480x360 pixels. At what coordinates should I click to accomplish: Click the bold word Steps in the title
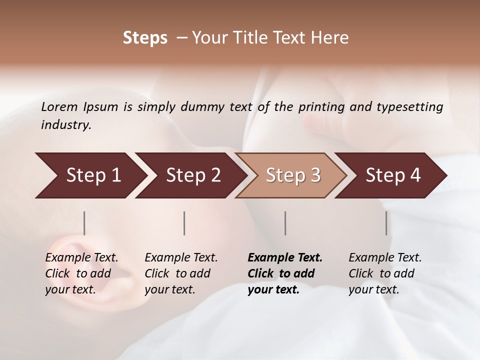[x=145, y=38]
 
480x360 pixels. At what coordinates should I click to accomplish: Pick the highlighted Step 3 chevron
[x=291, y=175]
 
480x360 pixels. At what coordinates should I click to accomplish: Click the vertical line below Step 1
[x=84, y=223]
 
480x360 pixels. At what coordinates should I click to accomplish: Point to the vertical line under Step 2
[x=184, y=223]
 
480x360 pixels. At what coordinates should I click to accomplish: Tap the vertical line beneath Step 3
[x=285, y=223]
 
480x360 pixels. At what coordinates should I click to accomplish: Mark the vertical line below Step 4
[x=386, y=223]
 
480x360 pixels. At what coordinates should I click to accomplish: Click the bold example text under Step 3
[x=284, y=273]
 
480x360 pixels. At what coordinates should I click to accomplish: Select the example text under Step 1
[x=81, y=273]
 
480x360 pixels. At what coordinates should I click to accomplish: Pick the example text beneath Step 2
[x=181, y=273]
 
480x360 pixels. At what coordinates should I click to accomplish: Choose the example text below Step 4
[x=385, y=273]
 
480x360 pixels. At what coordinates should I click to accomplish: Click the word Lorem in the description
[x=59, y=107]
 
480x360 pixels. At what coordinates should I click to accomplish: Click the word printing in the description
[x=321, y=107]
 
